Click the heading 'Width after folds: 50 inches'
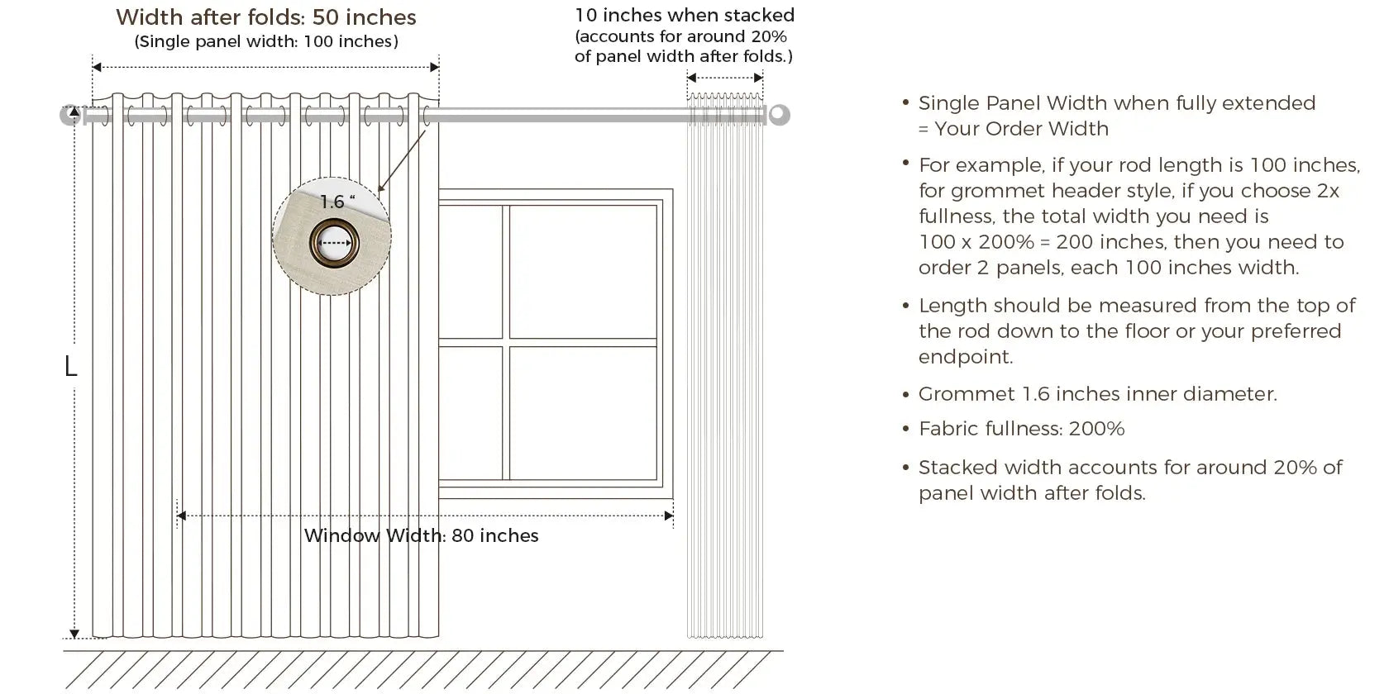point(266,17)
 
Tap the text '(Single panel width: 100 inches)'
point(266,41)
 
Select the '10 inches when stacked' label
point(685,15)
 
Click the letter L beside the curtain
point(71,366)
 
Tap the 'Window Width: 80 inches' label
point(421,535)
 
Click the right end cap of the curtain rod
point(779,115)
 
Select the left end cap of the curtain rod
point(70,115)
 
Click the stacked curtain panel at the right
point(725,365)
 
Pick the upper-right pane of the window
point(583,272)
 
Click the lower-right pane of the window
point(583,413)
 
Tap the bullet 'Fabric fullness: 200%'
point(1021,429)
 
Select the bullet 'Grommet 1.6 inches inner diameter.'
point(1098,394)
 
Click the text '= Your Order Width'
point(1014,129)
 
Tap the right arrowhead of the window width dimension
point(669,516)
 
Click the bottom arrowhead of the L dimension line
point(74,634)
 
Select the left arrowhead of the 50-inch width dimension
point(97,67)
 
